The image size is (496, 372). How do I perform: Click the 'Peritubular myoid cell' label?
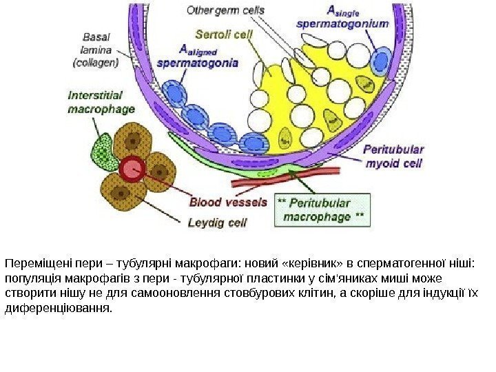(394, 156)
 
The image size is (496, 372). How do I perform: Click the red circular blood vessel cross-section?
(132, 169)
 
